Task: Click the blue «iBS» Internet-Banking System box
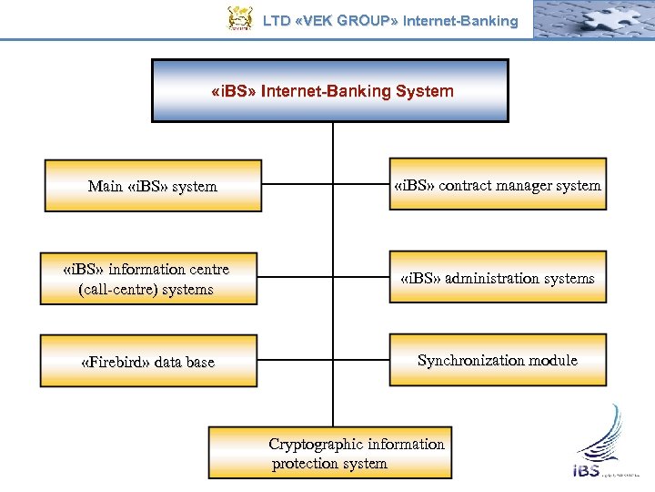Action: (x=330, y=90)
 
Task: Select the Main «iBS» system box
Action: (x=153, y=186)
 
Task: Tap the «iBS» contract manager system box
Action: (x=498, y=185)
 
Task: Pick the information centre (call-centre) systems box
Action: (x=147, y=279)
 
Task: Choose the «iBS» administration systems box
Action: (x=498, y=278)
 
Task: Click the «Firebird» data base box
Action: (x=148, y=361)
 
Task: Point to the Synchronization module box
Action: (x=498, y=360)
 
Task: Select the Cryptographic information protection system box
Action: (x=330, y=453)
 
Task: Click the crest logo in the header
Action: (x=239, y=18)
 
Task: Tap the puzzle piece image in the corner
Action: (x=591, y=18)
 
